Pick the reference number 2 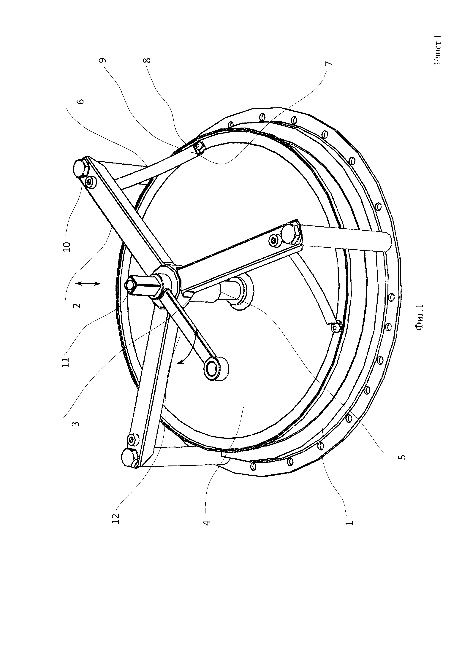tap(77, 305)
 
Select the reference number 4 tap(207, 523)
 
